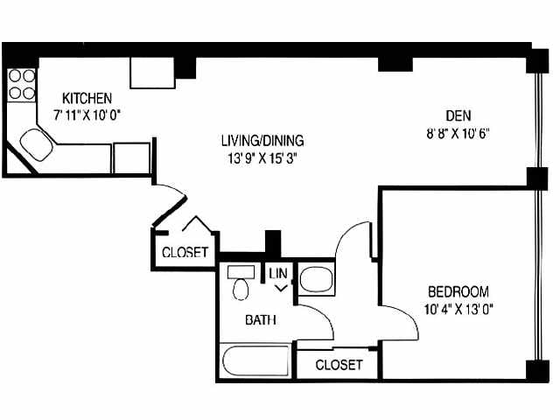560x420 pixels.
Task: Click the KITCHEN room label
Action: pyautogui.click(x=87, y=98)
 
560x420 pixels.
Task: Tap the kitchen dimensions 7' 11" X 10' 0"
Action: pyautogui.click(x=87, y=115)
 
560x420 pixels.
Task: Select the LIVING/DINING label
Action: pyautogui.click(x=262, y=140)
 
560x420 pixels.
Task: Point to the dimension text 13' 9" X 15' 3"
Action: pyautogui.click(x=262, y=158)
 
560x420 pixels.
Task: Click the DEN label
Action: pyautogui.click(x=458, y=115)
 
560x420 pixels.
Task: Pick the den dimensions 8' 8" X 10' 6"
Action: pyautogui.click(x=458, y=134)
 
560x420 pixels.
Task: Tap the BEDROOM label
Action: pyautogui.click(x=458, y=291)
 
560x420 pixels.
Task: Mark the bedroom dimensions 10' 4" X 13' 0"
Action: pyautogui.click(x=458, y=309)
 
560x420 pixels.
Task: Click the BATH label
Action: pyautogui.click(x=261, y=319)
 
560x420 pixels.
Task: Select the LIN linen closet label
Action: pyautogui.click(x=278, y=274)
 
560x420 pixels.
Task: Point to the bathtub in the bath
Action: pyautogui.click(x=255, y=360)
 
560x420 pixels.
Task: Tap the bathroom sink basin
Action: pyautogui.click(x=316, y=279)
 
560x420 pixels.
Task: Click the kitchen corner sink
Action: pyautogui.click(x=37, y=144)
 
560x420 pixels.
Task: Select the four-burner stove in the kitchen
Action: pyautogui.click(x=22, y=85)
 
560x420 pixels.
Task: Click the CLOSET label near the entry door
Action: pyautogui.click(x=185, y=253)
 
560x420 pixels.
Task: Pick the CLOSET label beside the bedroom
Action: pyautogui.click(x=339, y=365)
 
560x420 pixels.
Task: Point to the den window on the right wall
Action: pyautogui.click(x=537, y=121)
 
